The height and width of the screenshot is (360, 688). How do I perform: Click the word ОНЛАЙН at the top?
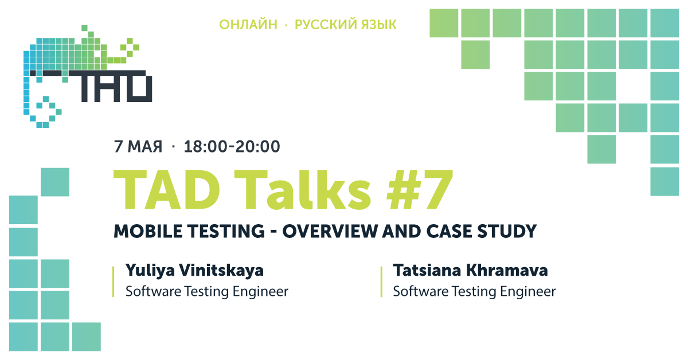coord(248,25)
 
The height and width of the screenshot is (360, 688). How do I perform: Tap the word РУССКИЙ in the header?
coord(326,25)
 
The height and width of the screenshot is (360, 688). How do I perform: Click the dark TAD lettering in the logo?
coord(111,87)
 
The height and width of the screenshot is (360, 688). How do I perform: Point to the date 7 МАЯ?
coord(138,147)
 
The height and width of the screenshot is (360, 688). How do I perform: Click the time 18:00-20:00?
coord(232,147)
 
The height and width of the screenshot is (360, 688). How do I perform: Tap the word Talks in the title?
coord(303,190)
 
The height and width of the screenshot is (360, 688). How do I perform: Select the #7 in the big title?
coord(420,190)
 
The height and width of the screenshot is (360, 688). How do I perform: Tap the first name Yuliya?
coord(150,271)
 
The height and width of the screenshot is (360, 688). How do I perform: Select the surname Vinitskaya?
coord(221,271)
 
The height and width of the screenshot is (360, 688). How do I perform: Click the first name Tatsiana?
coord(427,271)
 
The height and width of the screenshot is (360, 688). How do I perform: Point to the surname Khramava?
coord(507,271)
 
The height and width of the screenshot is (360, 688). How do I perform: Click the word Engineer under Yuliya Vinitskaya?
coord(260,292)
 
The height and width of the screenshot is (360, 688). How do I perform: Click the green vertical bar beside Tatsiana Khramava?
coord(381,281)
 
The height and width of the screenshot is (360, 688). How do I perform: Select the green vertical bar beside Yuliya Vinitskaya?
coord(114,281)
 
